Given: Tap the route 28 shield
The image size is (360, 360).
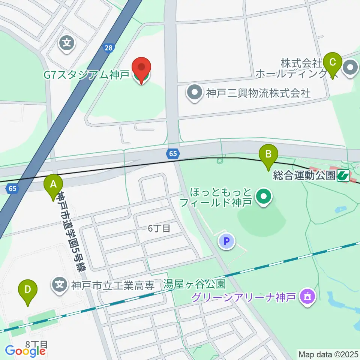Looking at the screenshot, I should coord(108,48).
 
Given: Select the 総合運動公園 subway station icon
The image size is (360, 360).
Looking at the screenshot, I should coord(343,175).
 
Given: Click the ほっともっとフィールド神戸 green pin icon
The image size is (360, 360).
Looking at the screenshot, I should coord(264,196).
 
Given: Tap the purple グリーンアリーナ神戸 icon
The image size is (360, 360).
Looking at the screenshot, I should coord(308,297).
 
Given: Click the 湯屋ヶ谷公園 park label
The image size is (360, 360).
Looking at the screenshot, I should coord(194,285).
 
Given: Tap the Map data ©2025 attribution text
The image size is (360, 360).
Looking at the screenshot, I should coord(328,354).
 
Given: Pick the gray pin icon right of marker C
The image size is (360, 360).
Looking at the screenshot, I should coord(351,68).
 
